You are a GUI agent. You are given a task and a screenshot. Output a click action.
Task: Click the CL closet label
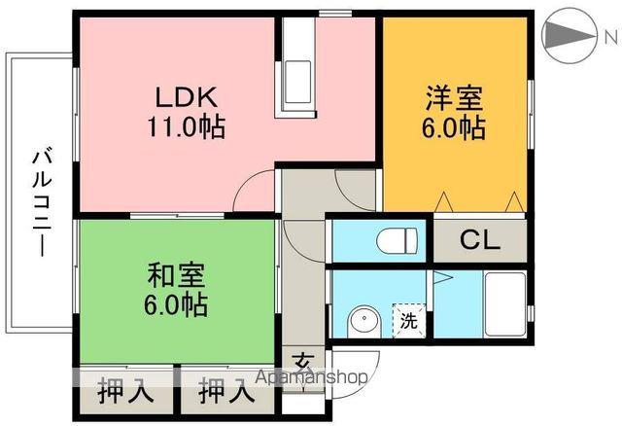click(480, 240)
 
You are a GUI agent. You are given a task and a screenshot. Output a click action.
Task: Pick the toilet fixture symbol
click(397, 238)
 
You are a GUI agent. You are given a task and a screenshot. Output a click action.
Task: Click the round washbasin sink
click(363, 320)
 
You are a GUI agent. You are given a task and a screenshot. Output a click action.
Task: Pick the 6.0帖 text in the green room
click(176, 304)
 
